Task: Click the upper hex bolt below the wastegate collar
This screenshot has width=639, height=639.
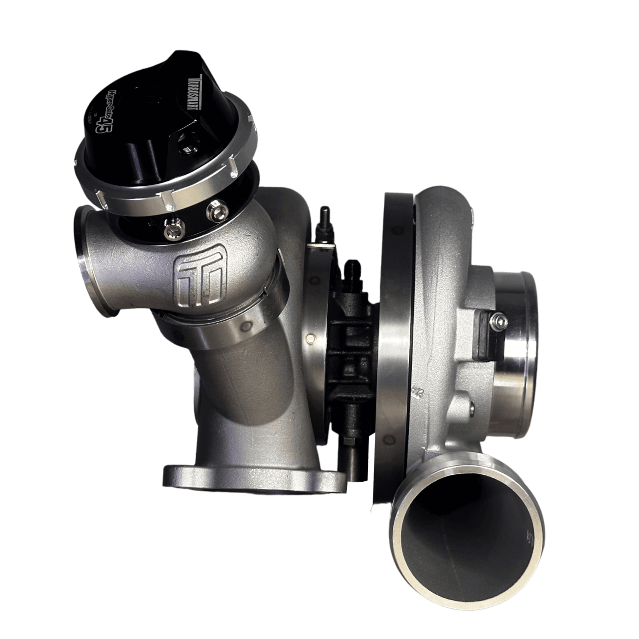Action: [213, 210]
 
